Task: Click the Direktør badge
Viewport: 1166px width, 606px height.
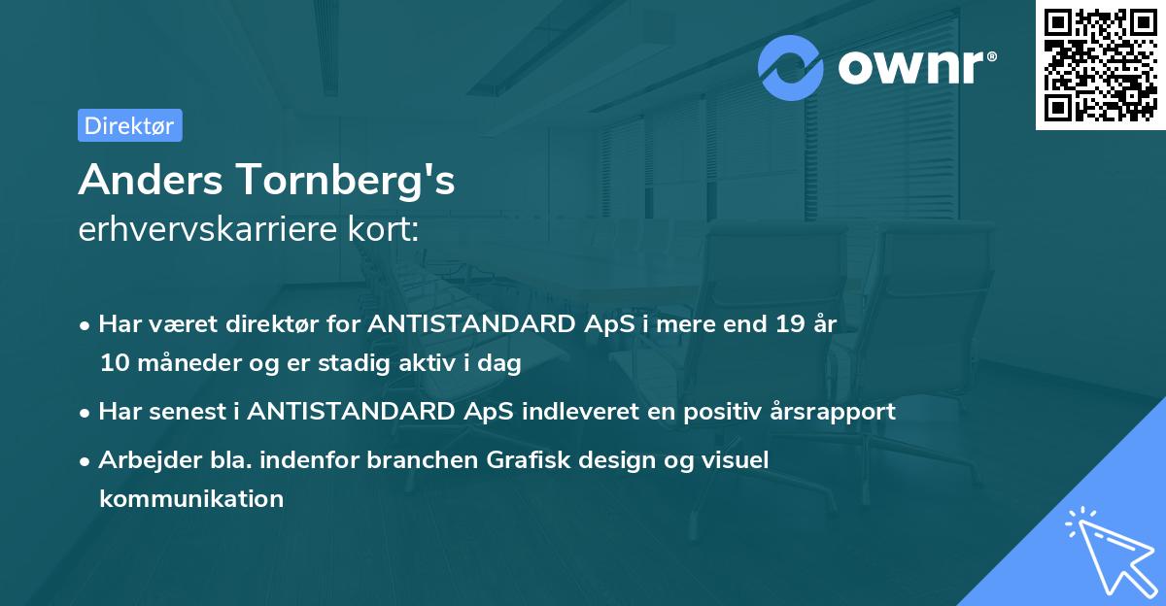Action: [129, 125]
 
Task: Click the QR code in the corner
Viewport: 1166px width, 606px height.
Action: [1101, 64]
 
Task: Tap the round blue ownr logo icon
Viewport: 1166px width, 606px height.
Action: [791, 67]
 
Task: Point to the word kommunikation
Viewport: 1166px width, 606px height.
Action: [191, 499]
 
